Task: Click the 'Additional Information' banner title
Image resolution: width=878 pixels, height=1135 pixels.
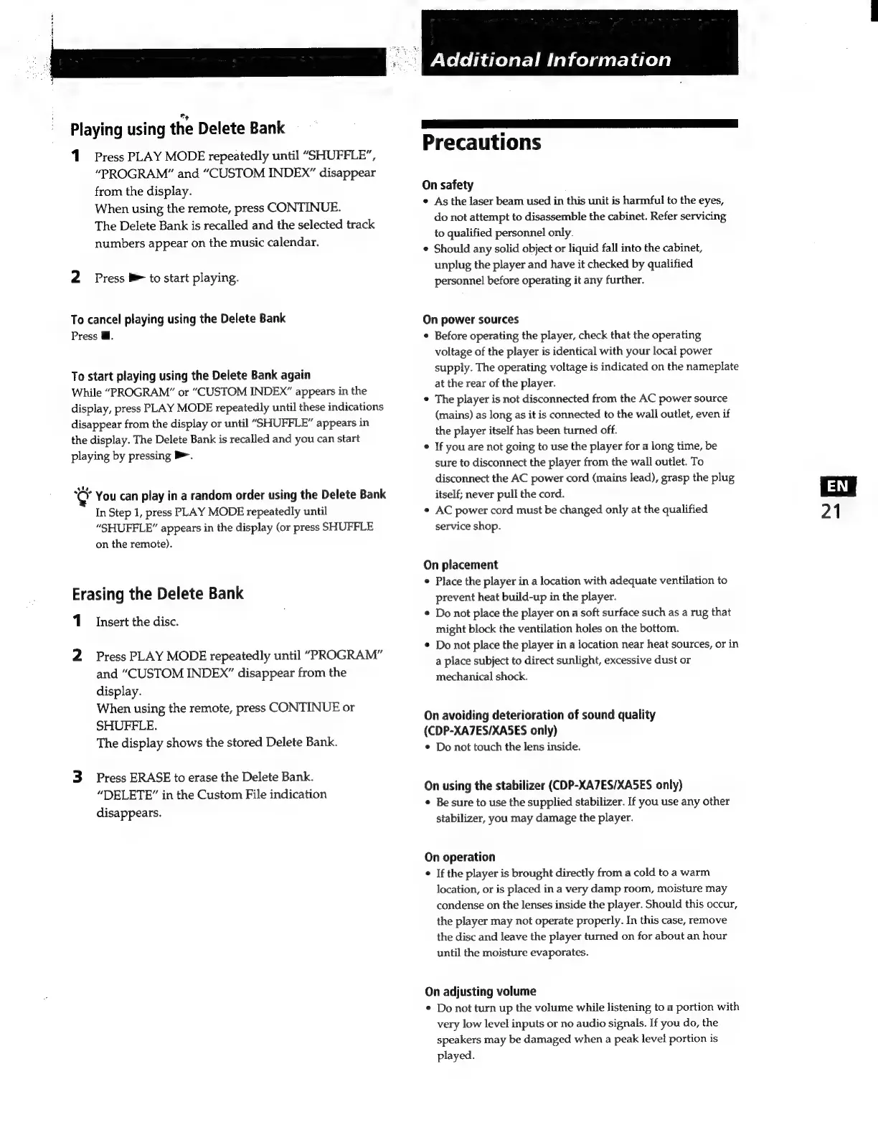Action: [x=550, y=60]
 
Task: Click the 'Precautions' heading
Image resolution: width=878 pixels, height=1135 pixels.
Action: [x=481, y=142]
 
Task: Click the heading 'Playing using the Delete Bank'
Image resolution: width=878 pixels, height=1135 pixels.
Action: [x=177, y=129]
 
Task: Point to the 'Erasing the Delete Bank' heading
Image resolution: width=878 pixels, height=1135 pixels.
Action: [x=157, y=593]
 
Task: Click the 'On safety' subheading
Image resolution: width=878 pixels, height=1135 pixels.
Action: [x=448, y=184]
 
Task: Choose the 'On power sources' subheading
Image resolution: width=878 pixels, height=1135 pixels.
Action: [x=471, y=319]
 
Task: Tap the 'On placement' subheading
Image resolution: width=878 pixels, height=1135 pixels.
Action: [x=461, y=565]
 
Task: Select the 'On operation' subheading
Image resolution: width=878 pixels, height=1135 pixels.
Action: [x=460, y=857]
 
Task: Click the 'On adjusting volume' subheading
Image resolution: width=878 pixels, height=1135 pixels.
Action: [x=480, y=992]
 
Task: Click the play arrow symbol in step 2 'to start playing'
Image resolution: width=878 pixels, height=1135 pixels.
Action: [x=136, y=278]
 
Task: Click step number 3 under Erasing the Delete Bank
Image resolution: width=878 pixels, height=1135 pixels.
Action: [x=77, y=777]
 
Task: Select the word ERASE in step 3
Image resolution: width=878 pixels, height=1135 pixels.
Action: [x=150, y=777]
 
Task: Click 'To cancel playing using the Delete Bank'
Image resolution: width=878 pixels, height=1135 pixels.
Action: [x=178, y=319]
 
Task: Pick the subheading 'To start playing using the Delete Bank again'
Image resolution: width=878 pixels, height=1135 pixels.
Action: [x=191, y=375]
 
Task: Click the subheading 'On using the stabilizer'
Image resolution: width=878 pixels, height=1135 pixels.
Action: [x=553, y=785]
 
